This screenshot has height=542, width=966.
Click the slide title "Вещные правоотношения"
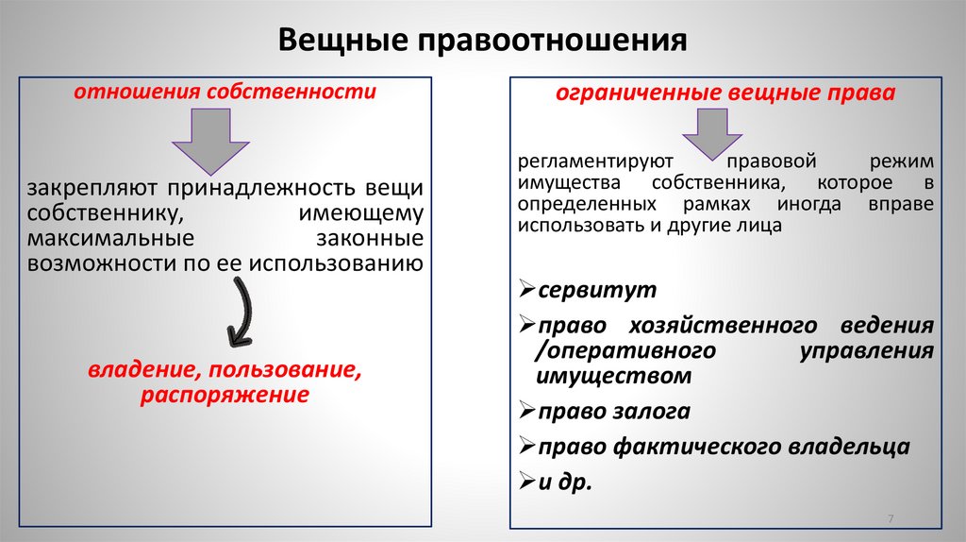pyautogui.click(x=482, y=42)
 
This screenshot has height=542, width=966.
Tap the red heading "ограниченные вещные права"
pyautogui.click(x=724, y=94)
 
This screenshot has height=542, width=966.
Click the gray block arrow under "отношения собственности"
pyautogui.click(x=210, y=141)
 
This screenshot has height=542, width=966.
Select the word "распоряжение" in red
pyautogui.click(x=225, y=395)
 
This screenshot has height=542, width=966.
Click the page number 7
pyautogui.click(x=890, y=520)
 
